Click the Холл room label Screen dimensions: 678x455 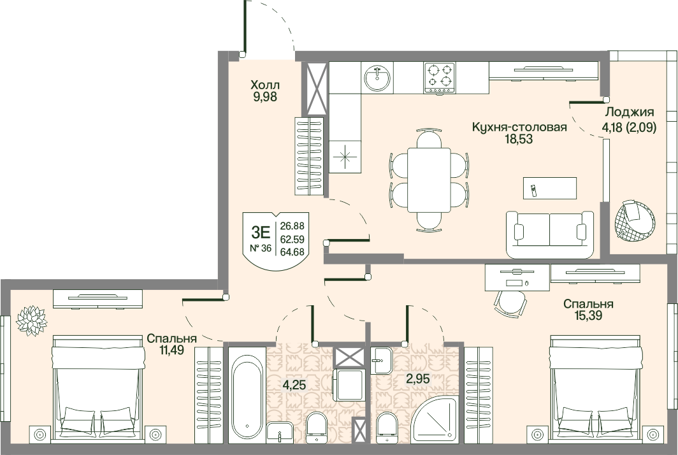click(x=265, y=84)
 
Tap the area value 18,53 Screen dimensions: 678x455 click(x=519, y=140)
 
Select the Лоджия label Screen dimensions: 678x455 click(x=629, y=112)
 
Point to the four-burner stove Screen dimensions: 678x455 click(x=440, y=77)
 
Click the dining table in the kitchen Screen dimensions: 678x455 click(x=429, y=180)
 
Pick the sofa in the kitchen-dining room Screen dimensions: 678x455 click(x=550, y=235)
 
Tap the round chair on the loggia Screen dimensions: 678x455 click(x=634, y=220)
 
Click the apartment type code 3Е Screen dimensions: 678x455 click(x=261, y=233)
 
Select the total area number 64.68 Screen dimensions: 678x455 click(x=292, y=252)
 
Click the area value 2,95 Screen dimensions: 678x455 click(x=418, y=379)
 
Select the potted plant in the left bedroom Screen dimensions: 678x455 click(x=31, y=320)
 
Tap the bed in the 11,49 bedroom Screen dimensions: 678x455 click(x=98, y=389)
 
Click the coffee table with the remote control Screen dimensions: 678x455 click(x=549, y=188)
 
